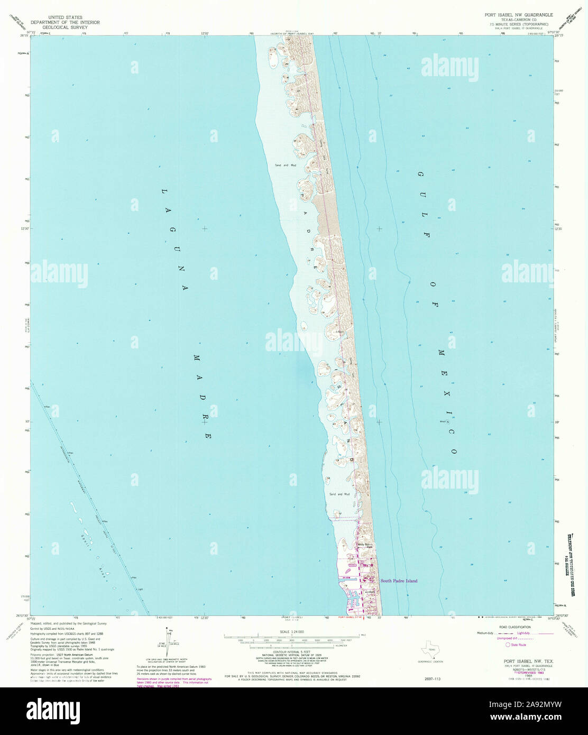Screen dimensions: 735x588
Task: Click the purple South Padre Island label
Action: coord(399,581)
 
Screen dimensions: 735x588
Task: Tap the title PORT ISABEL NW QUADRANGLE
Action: coord(515,15)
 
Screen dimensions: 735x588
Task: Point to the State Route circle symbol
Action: coord(508,645)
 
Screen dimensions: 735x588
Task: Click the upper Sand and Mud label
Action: coord(285,166)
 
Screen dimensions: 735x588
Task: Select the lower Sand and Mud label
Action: coord(339,494)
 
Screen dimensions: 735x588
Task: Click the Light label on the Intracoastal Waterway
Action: coord(140,589)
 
